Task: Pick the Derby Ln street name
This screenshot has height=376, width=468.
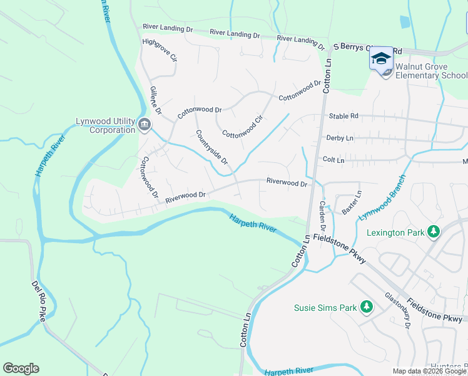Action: click(340, 138)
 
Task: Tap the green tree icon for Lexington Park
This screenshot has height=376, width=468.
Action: click(433, 232)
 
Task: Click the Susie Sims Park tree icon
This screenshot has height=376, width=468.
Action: click(367, 307)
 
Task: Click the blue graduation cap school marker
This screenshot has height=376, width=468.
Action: click(380, 58)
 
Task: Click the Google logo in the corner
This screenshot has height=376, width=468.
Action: click(21, 368)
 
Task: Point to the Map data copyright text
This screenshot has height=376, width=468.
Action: click(430, 371)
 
